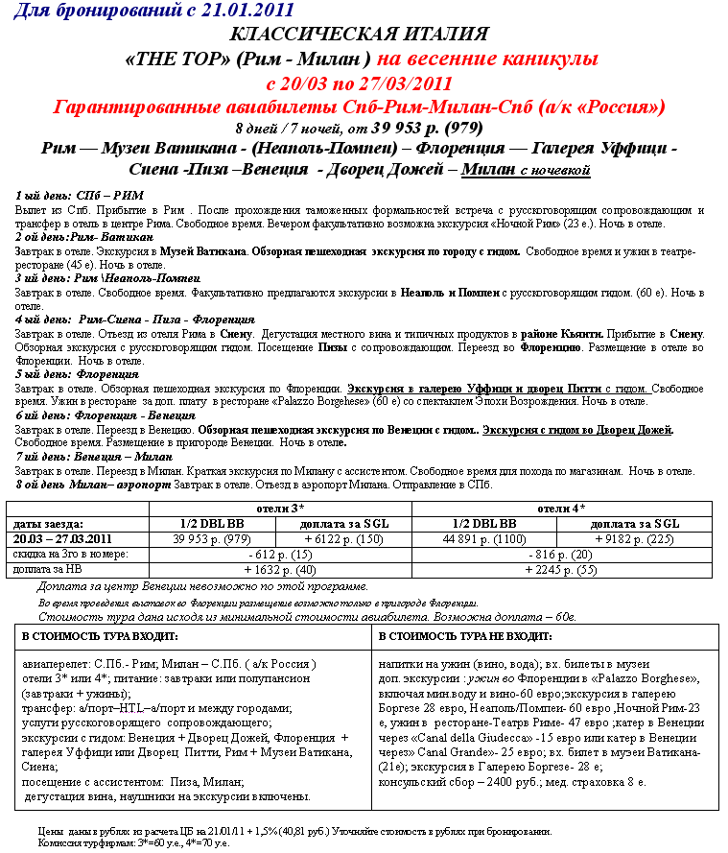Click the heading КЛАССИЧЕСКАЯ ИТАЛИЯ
tap(364, 36)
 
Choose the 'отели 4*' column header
tap(562, 509)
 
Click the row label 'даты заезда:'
tap(48, 524)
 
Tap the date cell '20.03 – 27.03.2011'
tap(63, 538)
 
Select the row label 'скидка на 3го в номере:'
tap(70, 554)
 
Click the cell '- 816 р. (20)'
tap(562, 554)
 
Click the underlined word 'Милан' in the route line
tap(488, 170)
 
